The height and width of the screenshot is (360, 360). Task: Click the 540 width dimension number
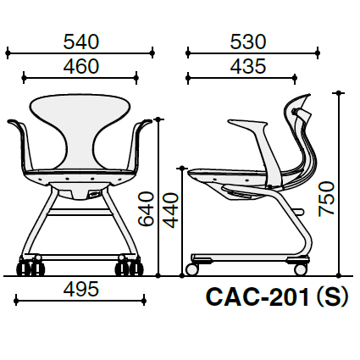pyautogui.click(x=81, y=42)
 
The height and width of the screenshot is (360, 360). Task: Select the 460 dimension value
pyautogui.click(x=81, y=66)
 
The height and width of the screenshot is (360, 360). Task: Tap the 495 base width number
pyautogui.click(x=81, y=289)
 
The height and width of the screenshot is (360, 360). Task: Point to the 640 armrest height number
pyautogui.click(x=146, y=209)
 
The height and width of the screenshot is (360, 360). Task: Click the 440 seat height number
pyautogui.click(x=171, y=210)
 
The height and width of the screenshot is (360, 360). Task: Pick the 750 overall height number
pyautogui.click(x=326, y=199)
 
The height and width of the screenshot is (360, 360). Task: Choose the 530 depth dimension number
pyautogui.click(x=248, y=42)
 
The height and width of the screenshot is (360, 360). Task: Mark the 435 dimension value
pyautogui.click(x=248, y=66)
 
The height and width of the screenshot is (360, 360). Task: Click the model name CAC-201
pyautogui.click(x=258, y=297)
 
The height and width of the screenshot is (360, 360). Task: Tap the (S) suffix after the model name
pyautogui.click(x=333, y=297)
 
